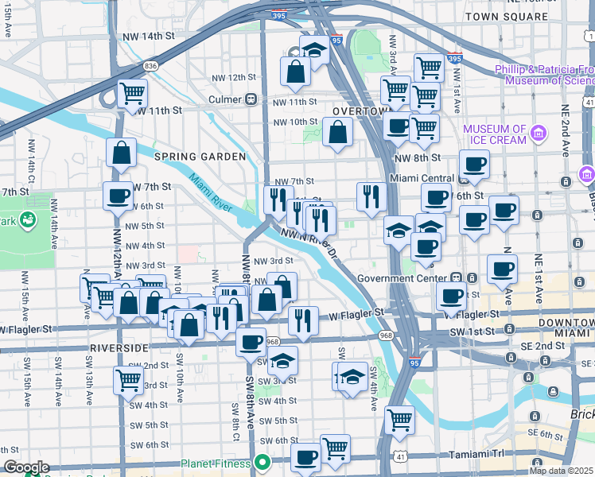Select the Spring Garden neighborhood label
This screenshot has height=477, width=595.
[x=200, y=157]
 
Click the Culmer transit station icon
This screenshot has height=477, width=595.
[x=251, y=99]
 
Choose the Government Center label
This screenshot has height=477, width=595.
[x=402, y=278]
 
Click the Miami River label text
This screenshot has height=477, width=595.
[x=211, y=193]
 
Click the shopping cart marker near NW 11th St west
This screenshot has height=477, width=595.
[x=132, y=92]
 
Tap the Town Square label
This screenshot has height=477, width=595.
[x=496, y=16]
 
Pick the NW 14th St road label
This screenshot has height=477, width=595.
[x=149, y=37]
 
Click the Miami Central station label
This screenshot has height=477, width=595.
[x=422, y=178]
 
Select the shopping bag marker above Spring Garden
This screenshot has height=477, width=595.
[x=121, y=153]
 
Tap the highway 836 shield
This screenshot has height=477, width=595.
[x=151, y=65]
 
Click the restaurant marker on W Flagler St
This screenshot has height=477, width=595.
[x=302, y=320]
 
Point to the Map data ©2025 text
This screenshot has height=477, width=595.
[x=562, y=471]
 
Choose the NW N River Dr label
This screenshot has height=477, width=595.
[x=309, y=243]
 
